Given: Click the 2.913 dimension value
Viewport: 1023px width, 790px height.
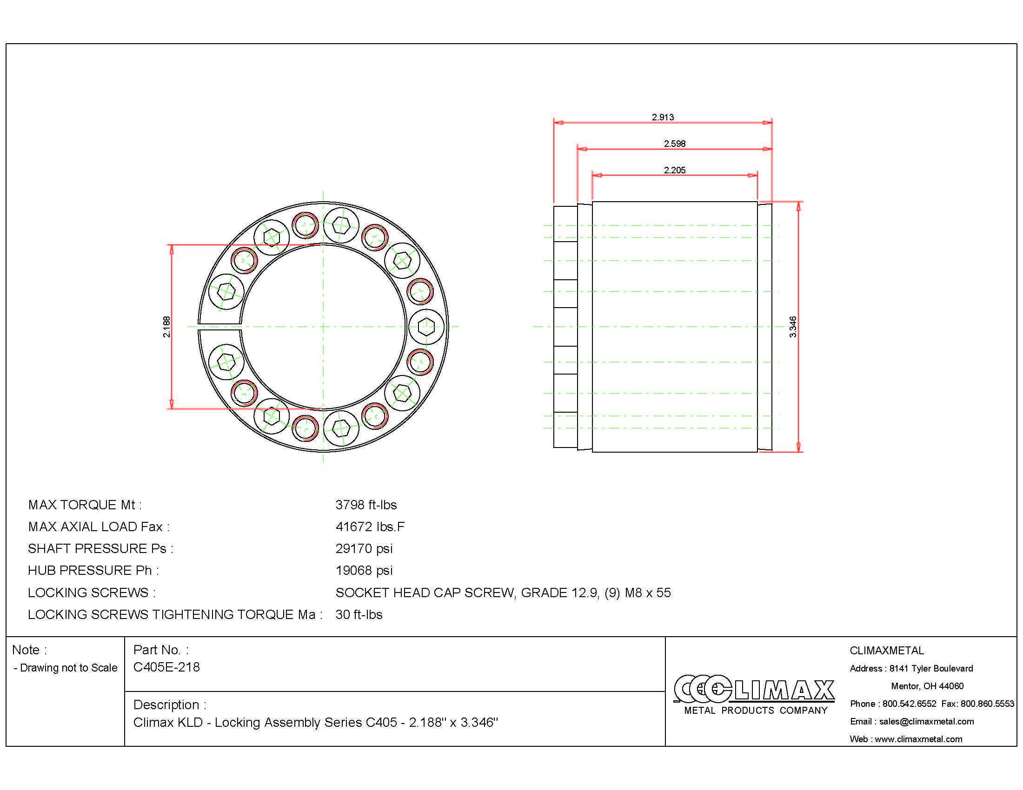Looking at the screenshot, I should pyautogui.click(x=662, y=117).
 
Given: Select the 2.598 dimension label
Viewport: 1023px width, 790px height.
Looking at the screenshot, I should pyautogui.click(x=674, y=144).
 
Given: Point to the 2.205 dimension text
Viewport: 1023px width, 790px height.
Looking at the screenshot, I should pyautogui.click(x=674, y=170).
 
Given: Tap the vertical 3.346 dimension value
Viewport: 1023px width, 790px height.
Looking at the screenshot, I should pyautogui.click(x=792, y=327).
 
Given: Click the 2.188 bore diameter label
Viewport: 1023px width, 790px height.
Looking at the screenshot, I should pyautogui.click(x=167, y=327).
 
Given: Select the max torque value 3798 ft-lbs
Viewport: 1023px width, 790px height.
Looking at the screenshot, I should pyautogui.click(x=366, y=505).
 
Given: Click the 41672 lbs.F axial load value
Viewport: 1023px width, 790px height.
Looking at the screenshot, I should pyautogui.click(x=370, y=527).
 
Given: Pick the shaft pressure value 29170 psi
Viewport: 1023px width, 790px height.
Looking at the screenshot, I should pyautogui.click(x=364, y=548).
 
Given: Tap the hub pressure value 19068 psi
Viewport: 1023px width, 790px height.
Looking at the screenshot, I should pyautogui.click(x=364, y=571).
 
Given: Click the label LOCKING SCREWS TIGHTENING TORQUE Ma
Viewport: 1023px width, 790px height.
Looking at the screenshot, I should pyautogui.click(x=175, y=614).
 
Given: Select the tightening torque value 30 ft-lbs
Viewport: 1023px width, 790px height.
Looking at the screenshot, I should pyautogui.click(x=359, y=614).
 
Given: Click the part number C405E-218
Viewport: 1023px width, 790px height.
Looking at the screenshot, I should pyautogui.click(x=166, y=667).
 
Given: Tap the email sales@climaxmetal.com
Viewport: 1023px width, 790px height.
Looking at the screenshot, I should pyautogui.click(x=926, y=721).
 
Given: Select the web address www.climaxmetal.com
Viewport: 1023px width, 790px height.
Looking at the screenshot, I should pyautogui.click(x=918, y=739).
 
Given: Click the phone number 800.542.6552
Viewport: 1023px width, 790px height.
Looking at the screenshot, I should pyautogui.click(x=909, y=704).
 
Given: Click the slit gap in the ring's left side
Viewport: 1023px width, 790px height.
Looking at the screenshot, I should pyautogui.click(x=219, y=326).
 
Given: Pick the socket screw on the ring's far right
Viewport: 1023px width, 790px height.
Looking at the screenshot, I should pyautogui.click(x=426, y=326).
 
